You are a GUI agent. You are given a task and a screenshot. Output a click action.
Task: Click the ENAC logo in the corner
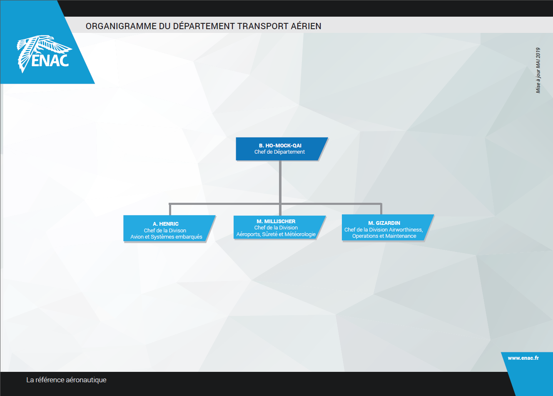pos(44,54)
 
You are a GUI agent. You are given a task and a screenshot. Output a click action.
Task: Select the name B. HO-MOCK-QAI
pos(280,146)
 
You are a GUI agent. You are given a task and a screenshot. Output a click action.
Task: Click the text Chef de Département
pos(279,152)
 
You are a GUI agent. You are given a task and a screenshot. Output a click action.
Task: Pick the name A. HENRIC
pos(166,224)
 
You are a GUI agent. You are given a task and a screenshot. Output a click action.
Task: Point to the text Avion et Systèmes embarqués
pos(166,237)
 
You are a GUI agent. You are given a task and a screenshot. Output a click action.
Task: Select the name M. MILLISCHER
pos(276,222)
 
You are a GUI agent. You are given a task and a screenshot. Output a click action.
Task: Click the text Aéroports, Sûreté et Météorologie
pos(276,234)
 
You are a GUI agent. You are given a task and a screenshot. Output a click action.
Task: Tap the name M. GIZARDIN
pos(384,223)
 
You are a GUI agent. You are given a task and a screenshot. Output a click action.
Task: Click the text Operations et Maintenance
pos(384,236)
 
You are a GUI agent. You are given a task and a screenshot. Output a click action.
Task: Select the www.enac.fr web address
pos(523,358)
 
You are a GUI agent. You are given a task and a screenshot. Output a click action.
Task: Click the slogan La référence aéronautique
pos(66,380)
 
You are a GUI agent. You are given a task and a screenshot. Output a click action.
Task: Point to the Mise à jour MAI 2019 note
pos(538,70)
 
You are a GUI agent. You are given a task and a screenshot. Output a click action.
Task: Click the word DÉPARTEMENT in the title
pos(204,26)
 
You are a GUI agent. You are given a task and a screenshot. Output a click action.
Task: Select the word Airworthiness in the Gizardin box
pos(406,230)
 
